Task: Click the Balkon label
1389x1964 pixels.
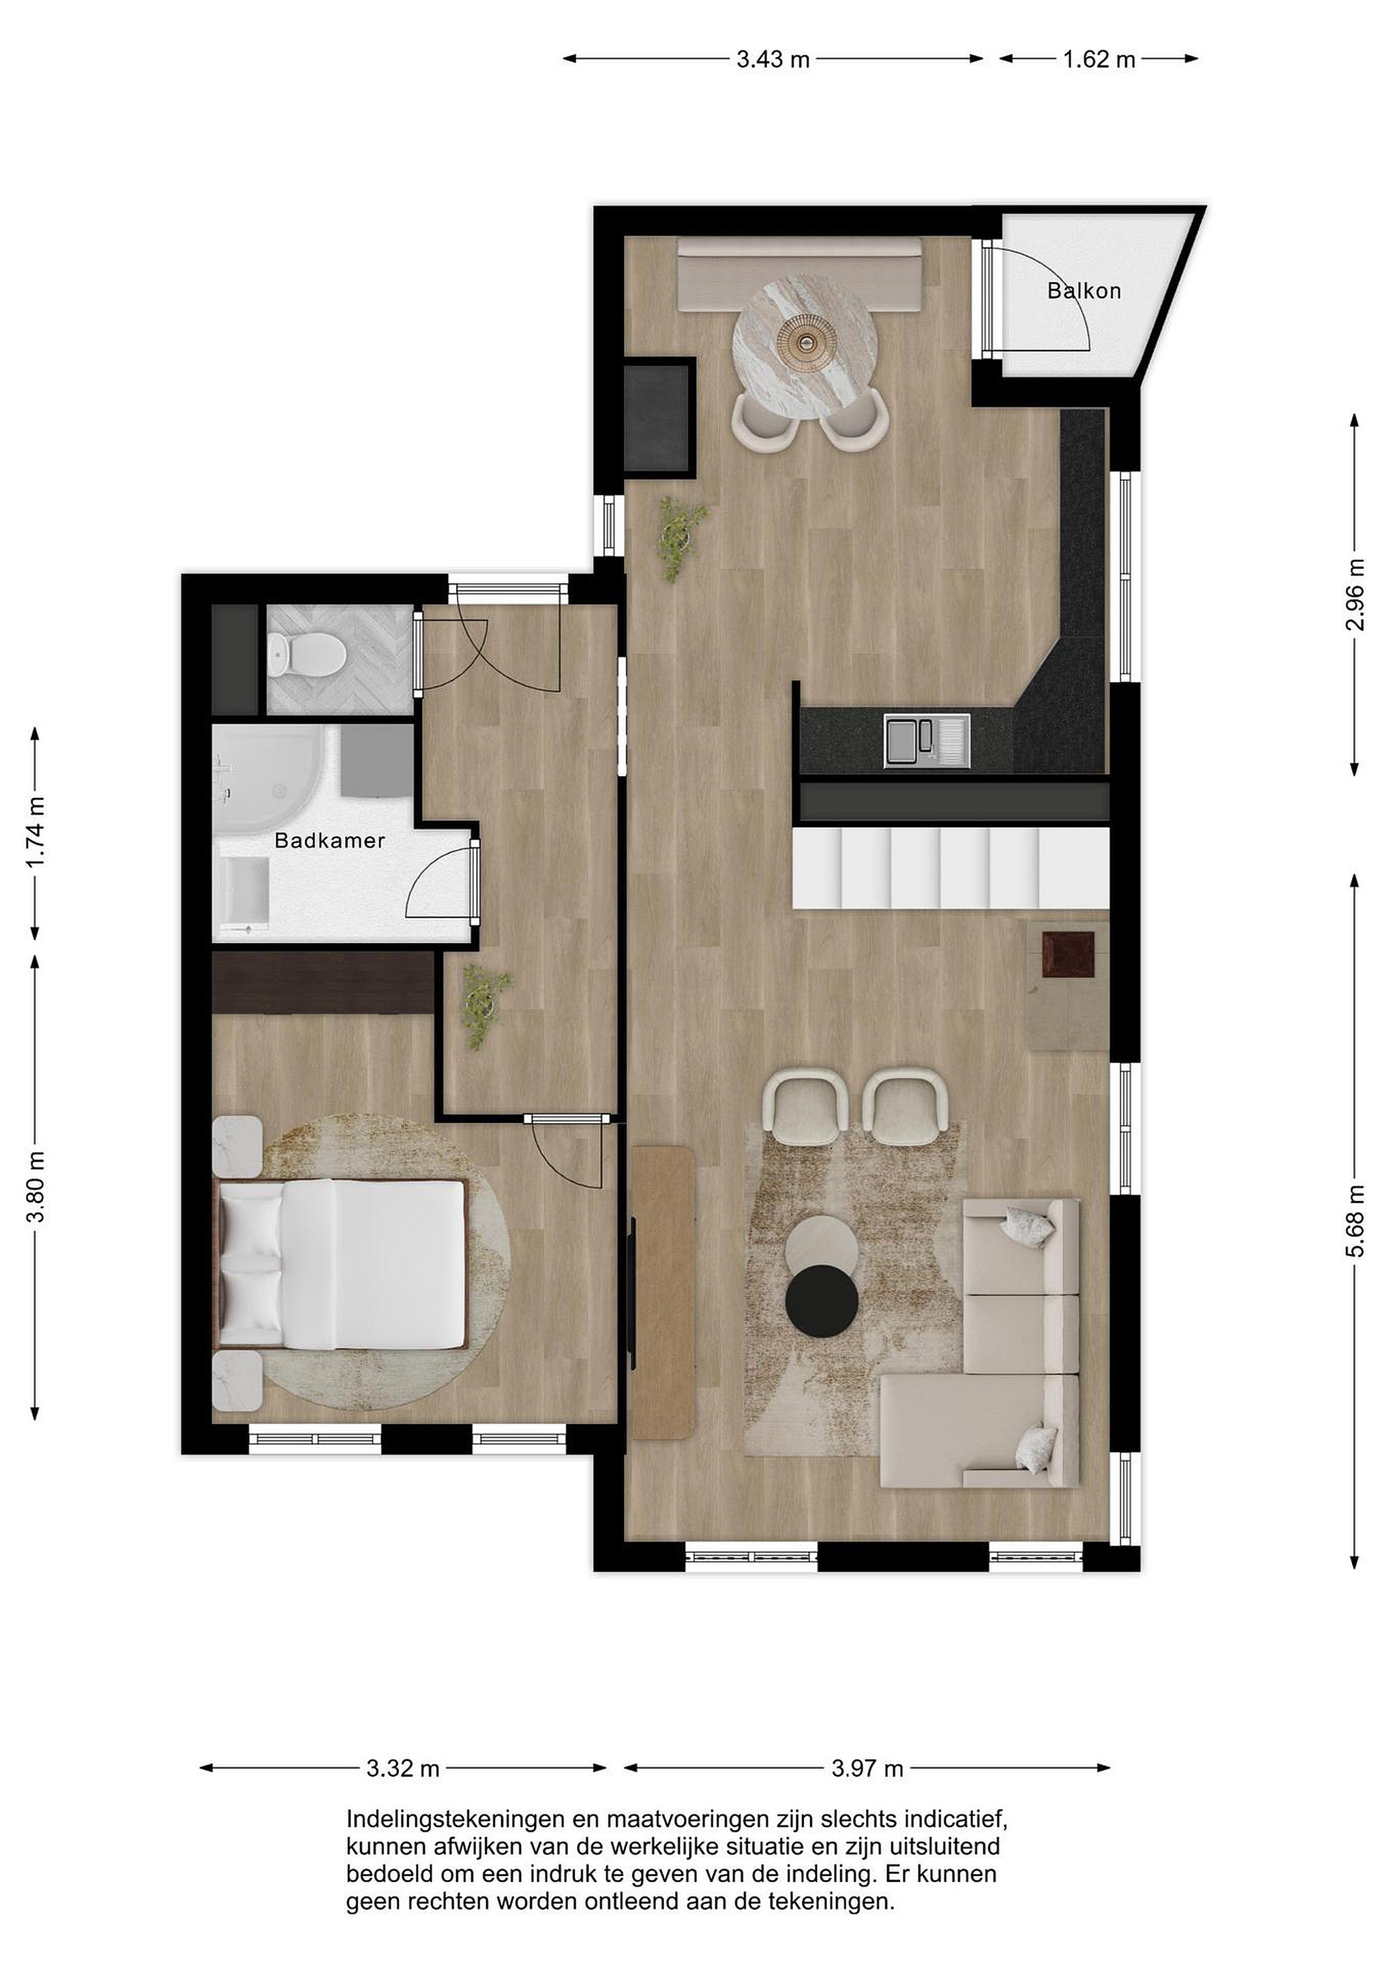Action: pos(1084,291)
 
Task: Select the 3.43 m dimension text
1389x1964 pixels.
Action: pos(773,59)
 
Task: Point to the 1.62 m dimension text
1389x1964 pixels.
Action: pos(1099,59)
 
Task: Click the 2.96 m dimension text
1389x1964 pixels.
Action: pos(1355,594)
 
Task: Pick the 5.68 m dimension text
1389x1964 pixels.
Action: pos(1355,1221)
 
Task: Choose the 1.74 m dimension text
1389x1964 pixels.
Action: pos(35,831)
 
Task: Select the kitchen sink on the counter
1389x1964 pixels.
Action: pos(927,741)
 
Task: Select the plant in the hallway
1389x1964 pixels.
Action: pos(485,1006)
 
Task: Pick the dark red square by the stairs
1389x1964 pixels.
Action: pos(1069,953)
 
